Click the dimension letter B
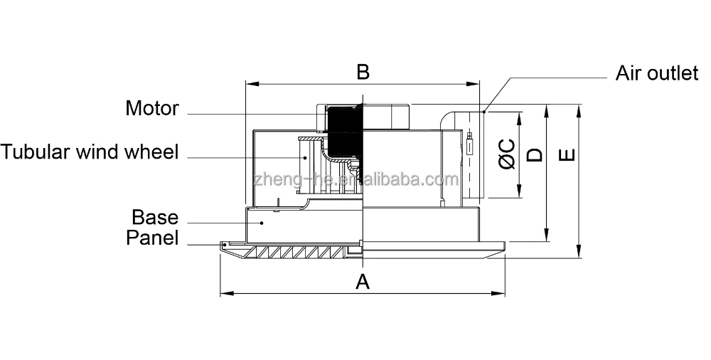363,72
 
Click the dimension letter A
363,282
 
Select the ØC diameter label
507,154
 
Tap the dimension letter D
535,154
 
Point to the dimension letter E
567,155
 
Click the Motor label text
152,108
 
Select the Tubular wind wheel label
90,151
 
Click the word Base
155,217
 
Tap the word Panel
152,238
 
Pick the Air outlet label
656,73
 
